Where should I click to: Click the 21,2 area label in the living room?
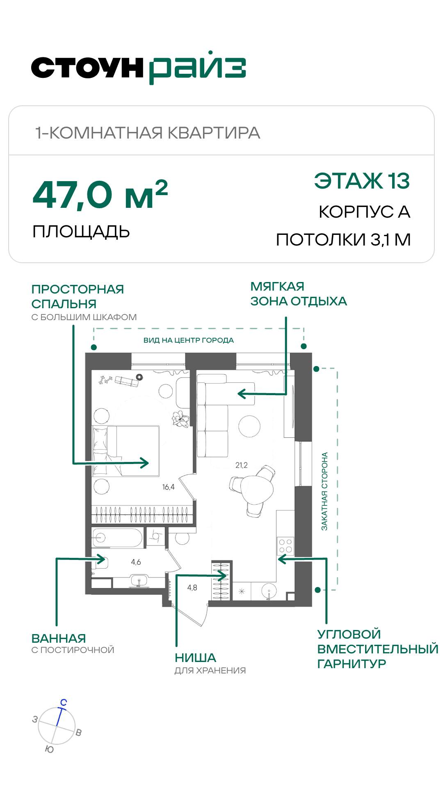tap(242, 465)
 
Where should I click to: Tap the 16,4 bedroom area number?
tap(168, 487)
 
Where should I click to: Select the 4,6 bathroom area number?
tap(136, 562)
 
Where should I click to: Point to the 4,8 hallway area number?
tap(192, 588)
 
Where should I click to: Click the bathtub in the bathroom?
tap(117, 538)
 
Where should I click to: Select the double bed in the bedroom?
tap(126, 451)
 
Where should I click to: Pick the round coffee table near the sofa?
tap(249, 426)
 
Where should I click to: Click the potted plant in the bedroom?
tap(180, 419)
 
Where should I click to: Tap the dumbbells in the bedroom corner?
tap(105, 380)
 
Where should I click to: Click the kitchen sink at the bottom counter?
tap(269, 591)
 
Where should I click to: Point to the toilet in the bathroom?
tap(100, 562)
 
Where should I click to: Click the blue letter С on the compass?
tap(64, 703)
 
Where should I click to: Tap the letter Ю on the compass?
tap(49, 749)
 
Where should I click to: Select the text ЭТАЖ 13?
tap(362, 181)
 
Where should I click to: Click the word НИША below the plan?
tap(195, 658)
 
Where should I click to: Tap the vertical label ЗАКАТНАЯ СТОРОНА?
tap(324, 491)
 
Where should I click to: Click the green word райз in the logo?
tap(197, 68)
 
